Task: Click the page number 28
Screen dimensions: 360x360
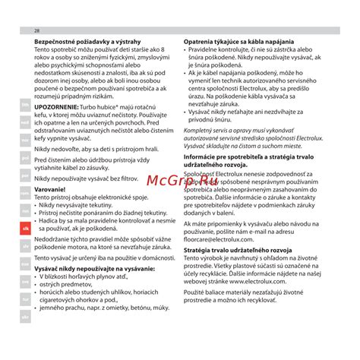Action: click(37, 30)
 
